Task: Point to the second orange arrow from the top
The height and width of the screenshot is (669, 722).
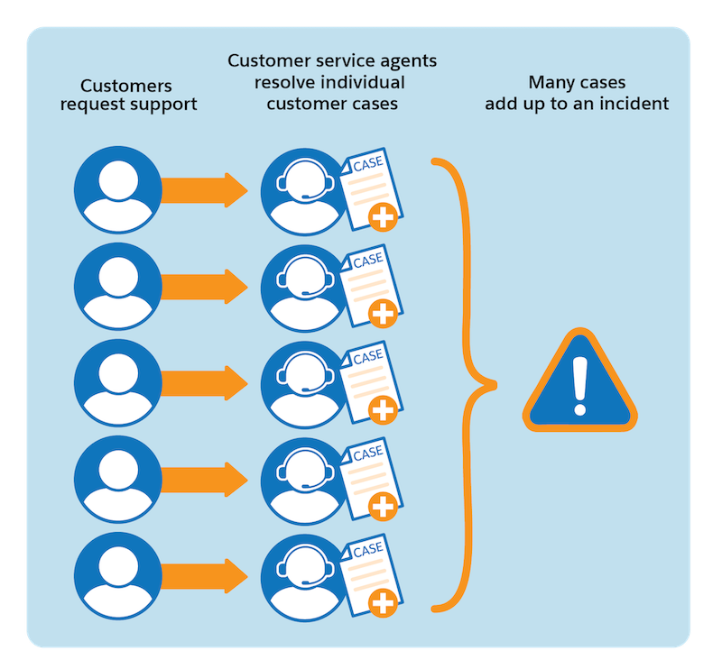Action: pyautogui.click(x=204, y=287)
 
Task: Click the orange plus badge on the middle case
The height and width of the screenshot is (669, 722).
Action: pyautogui.click(x=384, y=411)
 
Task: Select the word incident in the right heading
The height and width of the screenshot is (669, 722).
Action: pyautogui.click(x=635, y=103)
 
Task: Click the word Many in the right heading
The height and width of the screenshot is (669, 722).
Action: pyautogui.click(x=548, y=83)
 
